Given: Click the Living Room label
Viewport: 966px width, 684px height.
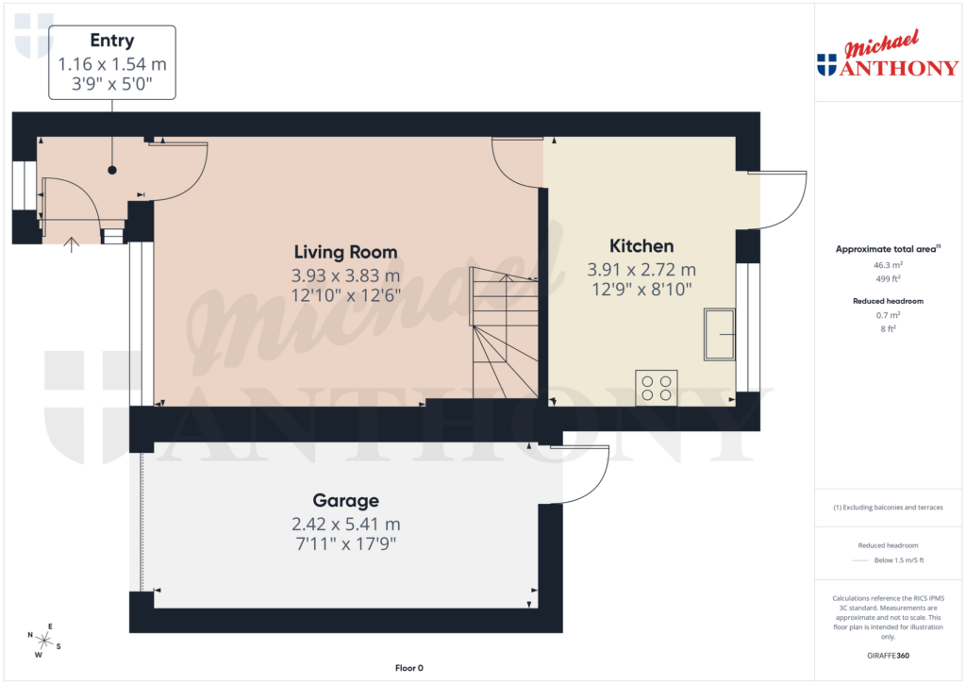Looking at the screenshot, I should click(345, 252).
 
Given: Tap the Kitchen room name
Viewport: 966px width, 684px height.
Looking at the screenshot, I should click(641, 246).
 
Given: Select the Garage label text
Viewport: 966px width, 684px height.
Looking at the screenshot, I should click(346, 501).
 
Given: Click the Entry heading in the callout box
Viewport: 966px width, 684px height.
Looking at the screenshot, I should click(111, 41).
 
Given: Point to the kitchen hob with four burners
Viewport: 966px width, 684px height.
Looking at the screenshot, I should click(656, 387).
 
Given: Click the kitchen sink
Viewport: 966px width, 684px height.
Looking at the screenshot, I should click(719, 333).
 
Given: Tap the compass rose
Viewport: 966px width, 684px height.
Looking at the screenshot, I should click(43, 641).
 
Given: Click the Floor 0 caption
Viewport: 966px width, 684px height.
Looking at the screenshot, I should click(408, 668).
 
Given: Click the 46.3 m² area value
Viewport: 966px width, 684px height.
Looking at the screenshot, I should click(889, 266).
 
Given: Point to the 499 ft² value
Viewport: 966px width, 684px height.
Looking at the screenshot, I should click(889, 279).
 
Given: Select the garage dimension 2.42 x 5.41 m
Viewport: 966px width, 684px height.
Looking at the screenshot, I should click(346, 524).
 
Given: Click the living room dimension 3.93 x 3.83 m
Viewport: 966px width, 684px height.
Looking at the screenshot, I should click(345, 275).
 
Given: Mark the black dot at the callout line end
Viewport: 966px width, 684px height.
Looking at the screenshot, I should click(112, 171).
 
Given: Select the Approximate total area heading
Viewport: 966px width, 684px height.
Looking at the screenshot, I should click(887, 249).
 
